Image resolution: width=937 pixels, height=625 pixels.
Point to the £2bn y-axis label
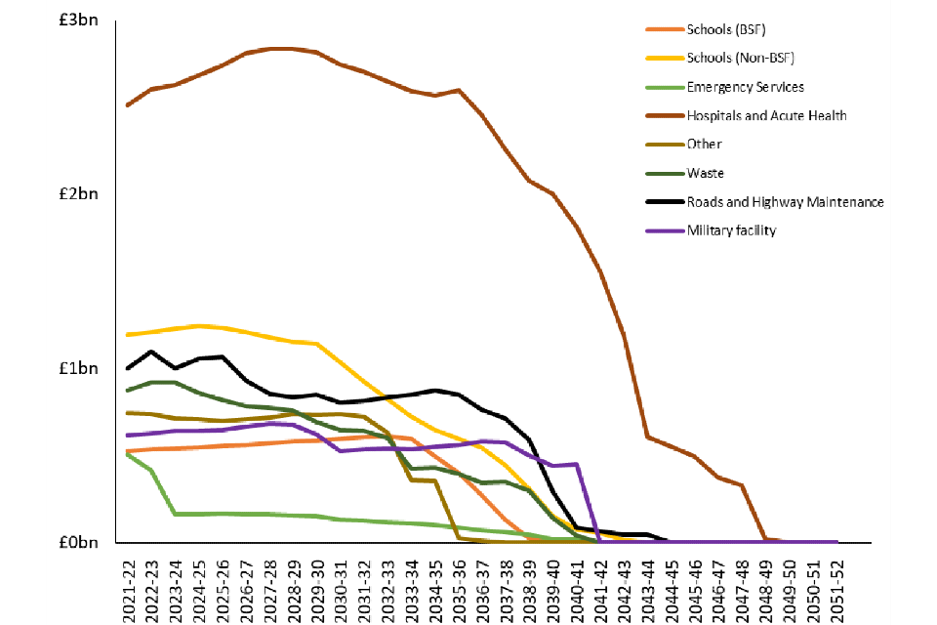pyautogui.click(x=78, y=193)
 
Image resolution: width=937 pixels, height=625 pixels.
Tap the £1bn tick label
pyautogui.click(x=78, y=368)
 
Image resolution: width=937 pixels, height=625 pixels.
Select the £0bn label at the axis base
pyautogui.click(x=78, y=543)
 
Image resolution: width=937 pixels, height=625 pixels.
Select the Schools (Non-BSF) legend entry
pyautogui.click(x=741, y=58)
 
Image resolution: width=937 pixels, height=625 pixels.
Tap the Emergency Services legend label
pyautogui.click(x=746, y=87)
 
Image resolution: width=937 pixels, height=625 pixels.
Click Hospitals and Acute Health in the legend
pyautogui.click(x=766, y=115)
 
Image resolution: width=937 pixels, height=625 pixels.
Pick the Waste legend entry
pyautogui.click(x=705, y=173)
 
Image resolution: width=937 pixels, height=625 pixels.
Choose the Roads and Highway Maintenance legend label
pyautogui.click(x=785, y=202)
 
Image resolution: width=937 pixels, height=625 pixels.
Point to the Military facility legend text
pyautogui.click(x=732, y=230)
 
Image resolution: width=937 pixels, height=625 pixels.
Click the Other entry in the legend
pyautogui.click(x=704, y=145)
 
